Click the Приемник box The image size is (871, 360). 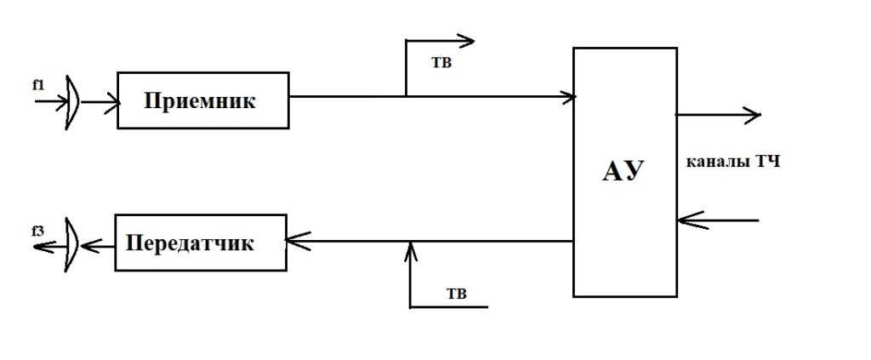point(202,100)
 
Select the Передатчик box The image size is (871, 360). point(202,243)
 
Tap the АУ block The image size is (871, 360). point(624,172)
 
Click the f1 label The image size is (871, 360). point(38,84)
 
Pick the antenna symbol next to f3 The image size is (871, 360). point(72,245)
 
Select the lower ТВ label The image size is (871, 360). point(457,294)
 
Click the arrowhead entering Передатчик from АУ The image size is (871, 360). point(296,242)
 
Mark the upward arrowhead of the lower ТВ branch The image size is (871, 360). point(410,249)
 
